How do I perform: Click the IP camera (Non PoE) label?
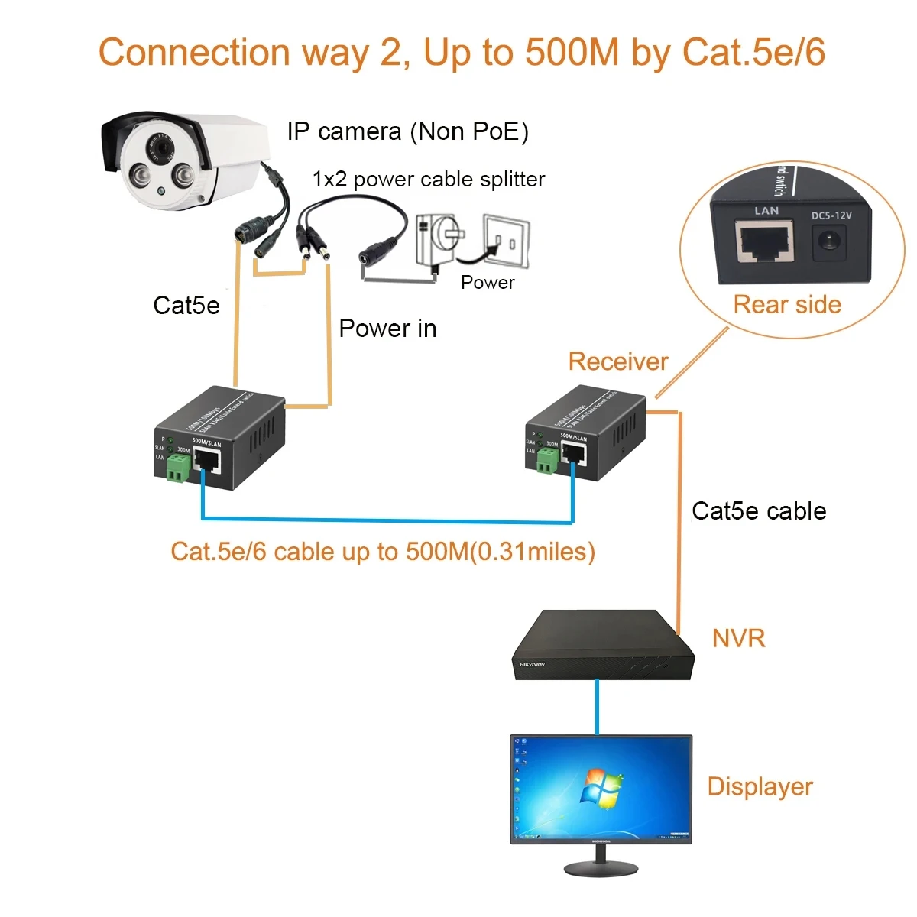click(407, 131)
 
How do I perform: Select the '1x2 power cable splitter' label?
click(428, 180)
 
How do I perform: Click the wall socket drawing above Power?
click(505, 241)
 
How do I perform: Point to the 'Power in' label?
click(387, 329)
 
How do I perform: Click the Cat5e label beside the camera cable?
click(186, 306)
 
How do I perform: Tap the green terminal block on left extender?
click(178, 468)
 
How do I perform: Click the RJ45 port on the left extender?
click(207, 460)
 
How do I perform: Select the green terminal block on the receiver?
click(547, 461)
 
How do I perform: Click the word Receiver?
click(617, 361)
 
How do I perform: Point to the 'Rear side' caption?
click(787, 305)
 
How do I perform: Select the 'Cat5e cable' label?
click(758, 511)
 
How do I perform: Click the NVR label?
click(738, 638)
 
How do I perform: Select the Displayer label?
click(760, 786)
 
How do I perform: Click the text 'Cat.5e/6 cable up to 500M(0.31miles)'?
click(382, 552)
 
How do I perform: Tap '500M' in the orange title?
click(575, 53)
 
